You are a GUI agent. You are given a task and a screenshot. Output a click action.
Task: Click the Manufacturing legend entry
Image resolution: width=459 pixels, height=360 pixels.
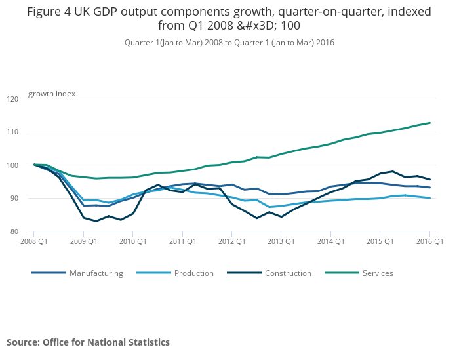point(96,273)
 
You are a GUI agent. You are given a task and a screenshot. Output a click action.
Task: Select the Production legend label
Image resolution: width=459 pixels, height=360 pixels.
point(194,273)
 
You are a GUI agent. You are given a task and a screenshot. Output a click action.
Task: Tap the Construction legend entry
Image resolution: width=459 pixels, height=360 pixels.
point(288,273)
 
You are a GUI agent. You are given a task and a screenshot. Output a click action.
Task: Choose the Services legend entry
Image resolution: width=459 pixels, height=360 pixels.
point(378,273)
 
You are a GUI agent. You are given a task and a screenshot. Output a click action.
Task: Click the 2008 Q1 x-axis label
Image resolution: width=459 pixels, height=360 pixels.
point(34,242)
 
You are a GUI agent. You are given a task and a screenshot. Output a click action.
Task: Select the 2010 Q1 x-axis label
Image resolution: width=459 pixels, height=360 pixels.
point(132,242)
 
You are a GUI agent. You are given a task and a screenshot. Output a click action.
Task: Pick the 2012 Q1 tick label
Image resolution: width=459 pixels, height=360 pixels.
point(231,242)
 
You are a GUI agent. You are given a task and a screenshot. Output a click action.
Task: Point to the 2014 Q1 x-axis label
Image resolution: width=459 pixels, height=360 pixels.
point(330,242)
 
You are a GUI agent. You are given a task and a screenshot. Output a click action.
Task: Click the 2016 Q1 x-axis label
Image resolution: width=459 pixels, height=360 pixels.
point(429,242)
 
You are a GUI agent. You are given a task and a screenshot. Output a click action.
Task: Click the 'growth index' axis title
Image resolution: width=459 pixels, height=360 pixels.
point(52,94)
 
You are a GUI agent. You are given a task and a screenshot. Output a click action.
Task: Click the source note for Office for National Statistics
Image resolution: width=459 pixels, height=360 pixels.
point(88,342)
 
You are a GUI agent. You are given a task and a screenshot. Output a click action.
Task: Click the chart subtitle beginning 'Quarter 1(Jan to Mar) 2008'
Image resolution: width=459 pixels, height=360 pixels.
point(229,43)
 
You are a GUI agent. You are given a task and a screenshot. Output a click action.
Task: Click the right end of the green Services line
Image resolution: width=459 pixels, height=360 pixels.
point(429,123)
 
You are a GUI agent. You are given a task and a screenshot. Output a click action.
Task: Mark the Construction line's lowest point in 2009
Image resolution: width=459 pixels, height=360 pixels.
point(96,221)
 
